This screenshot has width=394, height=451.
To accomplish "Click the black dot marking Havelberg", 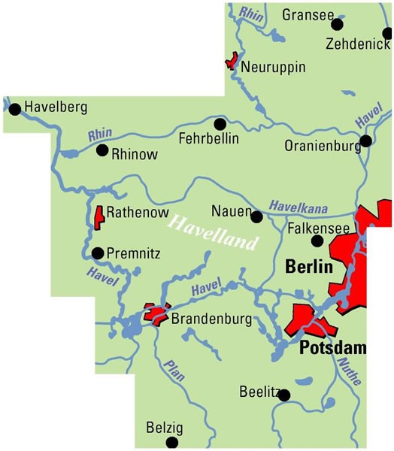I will tap(15, 109).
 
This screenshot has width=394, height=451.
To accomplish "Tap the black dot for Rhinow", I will tap(102, 150).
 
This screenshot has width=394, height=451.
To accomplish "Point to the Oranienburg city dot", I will tap(365, 141).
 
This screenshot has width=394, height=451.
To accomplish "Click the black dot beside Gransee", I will tap(337, 25).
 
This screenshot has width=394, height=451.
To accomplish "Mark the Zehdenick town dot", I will tap(387, 33).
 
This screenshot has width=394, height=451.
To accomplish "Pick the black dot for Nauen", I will tap(256, 217).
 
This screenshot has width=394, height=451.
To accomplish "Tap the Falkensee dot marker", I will tap(317, 241).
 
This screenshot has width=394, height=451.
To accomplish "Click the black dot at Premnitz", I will tap(97, 253).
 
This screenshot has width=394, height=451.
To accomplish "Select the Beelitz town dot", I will tap(284, 395).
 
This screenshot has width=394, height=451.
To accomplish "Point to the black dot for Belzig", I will tap(172, 442).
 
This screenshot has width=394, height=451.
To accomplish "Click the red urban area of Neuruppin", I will tap(232, 61).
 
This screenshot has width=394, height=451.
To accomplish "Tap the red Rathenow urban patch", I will tap(97, 216).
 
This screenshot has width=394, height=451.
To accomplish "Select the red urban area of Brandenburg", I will tap(156, 315).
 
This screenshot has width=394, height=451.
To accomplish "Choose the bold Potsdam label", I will tap(332, 348).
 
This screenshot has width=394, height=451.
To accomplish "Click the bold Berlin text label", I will tap(309, 267).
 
